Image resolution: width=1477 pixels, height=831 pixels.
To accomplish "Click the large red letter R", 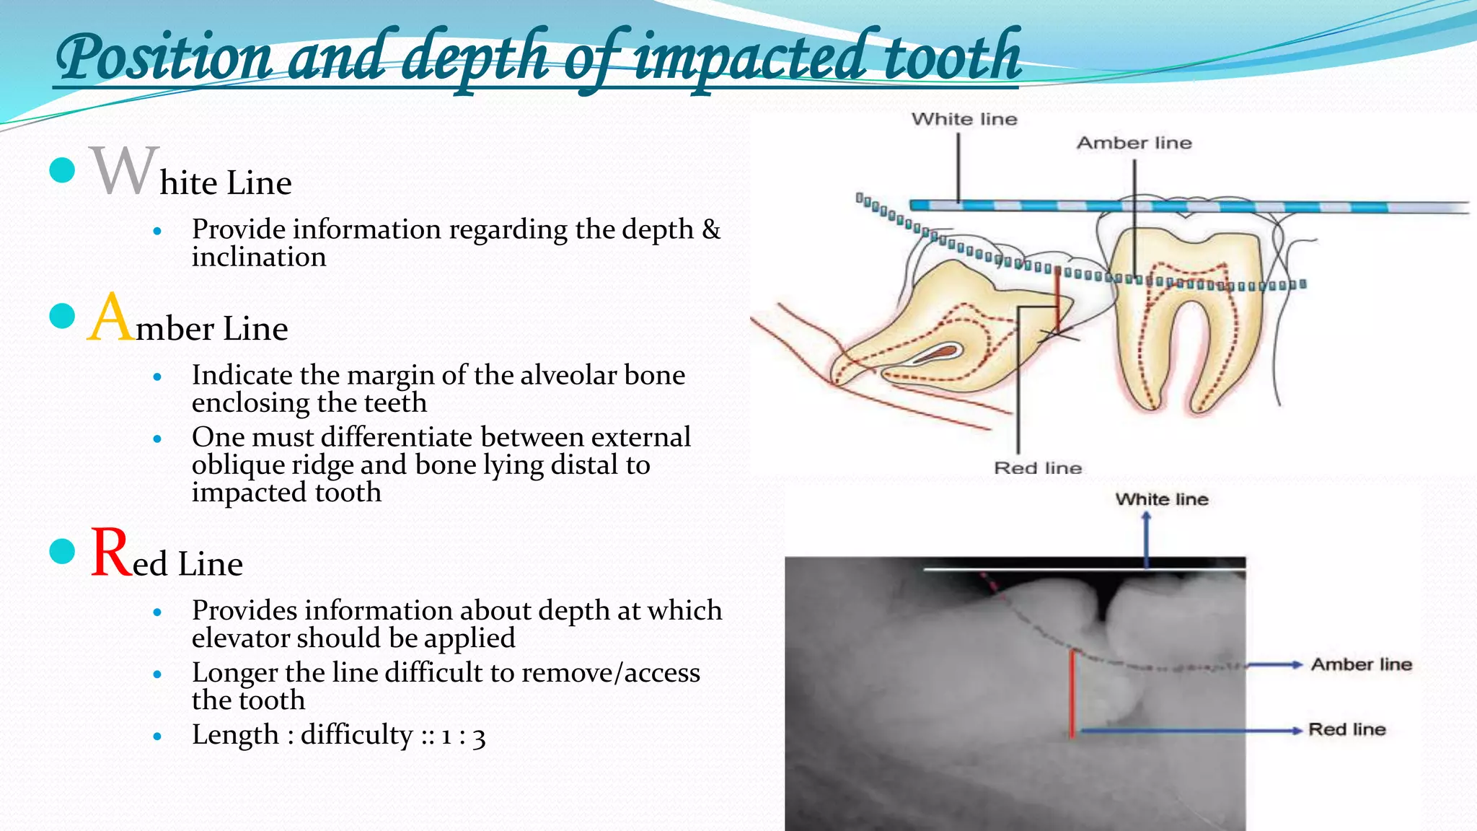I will pos(112,553).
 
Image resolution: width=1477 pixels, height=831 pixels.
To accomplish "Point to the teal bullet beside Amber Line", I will pos(63,316).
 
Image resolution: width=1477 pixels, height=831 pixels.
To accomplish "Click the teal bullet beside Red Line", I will pos(63,552).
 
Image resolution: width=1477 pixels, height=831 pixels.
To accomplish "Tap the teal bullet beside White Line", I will pos(63,170).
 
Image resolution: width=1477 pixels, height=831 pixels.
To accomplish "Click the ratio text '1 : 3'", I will pos(463,736).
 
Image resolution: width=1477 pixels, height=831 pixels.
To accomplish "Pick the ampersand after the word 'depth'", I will pos(711,229).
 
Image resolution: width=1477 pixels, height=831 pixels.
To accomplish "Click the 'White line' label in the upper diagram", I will pos(964,119).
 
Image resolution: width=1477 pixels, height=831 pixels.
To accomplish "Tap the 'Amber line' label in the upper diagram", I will pos(1134,143).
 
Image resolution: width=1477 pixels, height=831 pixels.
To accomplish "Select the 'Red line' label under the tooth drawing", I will pos(1038,468).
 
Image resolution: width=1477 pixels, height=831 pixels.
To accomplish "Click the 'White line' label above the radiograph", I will pos(1161,499).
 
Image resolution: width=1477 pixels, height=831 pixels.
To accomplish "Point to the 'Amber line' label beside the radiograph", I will pos(1361,664).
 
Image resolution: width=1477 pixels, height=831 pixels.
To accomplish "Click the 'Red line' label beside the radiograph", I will pos(1346,729).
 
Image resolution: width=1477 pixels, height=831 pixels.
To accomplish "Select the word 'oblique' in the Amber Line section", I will pos(235,465).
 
